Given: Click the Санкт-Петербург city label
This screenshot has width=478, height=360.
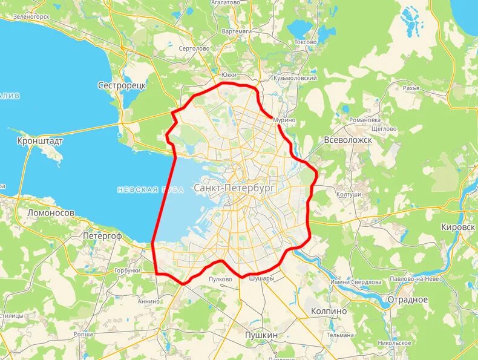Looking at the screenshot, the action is [234, 189].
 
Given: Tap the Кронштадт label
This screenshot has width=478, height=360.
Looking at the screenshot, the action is [40, 140].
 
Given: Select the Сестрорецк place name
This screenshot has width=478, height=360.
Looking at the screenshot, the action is [122, 86].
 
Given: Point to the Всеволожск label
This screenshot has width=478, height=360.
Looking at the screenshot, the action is [347, 139].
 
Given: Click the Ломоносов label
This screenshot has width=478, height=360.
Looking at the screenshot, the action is [51, 213].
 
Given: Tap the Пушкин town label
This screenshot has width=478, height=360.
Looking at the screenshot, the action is [261, 335].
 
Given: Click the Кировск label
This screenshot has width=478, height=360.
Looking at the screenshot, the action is [457, 226].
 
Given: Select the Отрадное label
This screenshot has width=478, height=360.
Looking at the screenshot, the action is [407, 300].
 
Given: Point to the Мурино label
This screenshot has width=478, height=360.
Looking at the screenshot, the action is [284, 120].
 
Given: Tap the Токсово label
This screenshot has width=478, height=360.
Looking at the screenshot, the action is [305, 42].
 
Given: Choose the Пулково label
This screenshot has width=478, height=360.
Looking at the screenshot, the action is [220, 280].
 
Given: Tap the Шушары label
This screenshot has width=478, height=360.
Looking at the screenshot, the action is [261, 279].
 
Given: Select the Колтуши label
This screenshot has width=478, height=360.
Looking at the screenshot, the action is [349, 194].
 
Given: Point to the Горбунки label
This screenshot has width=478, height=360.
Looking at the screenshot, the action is [127, 270].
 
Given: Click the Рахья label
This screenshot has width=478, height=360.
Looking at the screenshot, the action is [411, 88].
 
